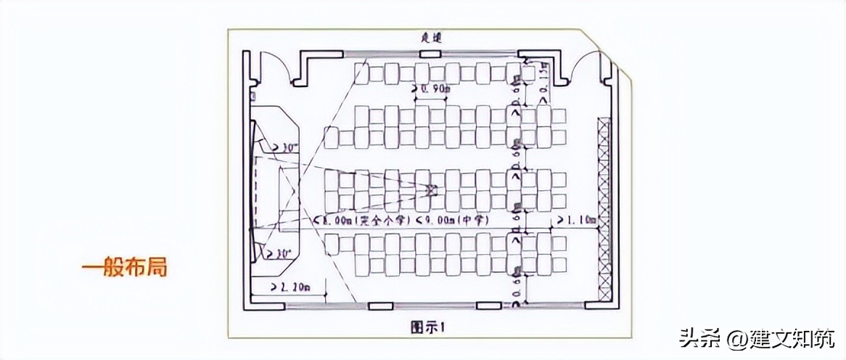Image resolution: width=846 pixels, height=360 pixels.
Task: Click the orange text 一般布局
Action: click(124, 267)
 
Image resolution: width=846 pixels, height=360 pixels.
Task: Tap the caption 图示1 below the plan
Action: click(429, 327)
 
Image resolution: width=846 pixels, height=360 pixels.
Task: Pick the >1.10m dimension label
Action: click(575, 218)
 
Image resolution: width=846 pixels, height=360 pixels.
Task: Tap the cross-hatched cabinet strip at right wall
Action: click(604, 210)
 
